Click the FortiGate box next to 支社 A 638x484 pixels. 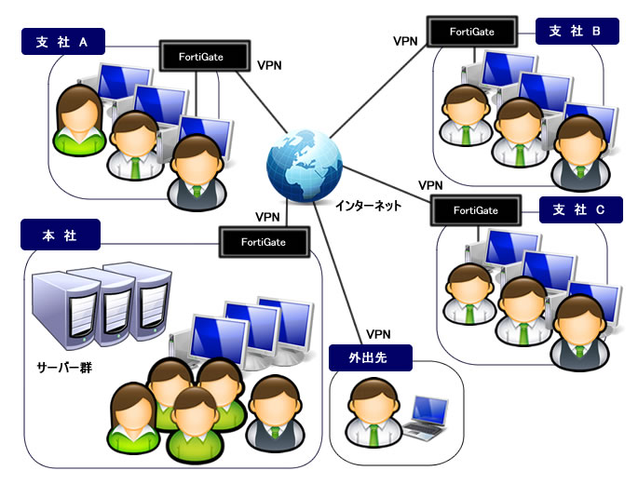[202, 56]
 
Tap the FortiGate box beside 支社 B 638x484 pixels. [470, 32]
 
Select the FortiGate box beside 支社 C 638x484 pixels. [475, 210]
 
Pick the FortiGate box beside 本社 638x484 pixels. [263, 242]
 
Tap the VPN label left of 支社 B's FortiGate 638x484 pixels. [405, 41]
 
